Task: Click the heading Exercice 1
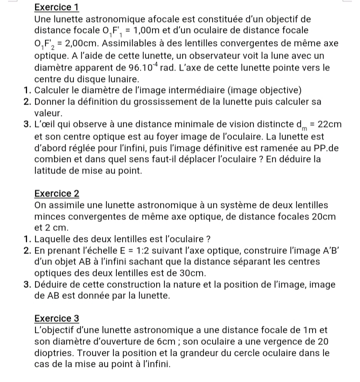click(57, 7)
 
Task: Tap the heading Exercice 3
click(57, 318)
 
